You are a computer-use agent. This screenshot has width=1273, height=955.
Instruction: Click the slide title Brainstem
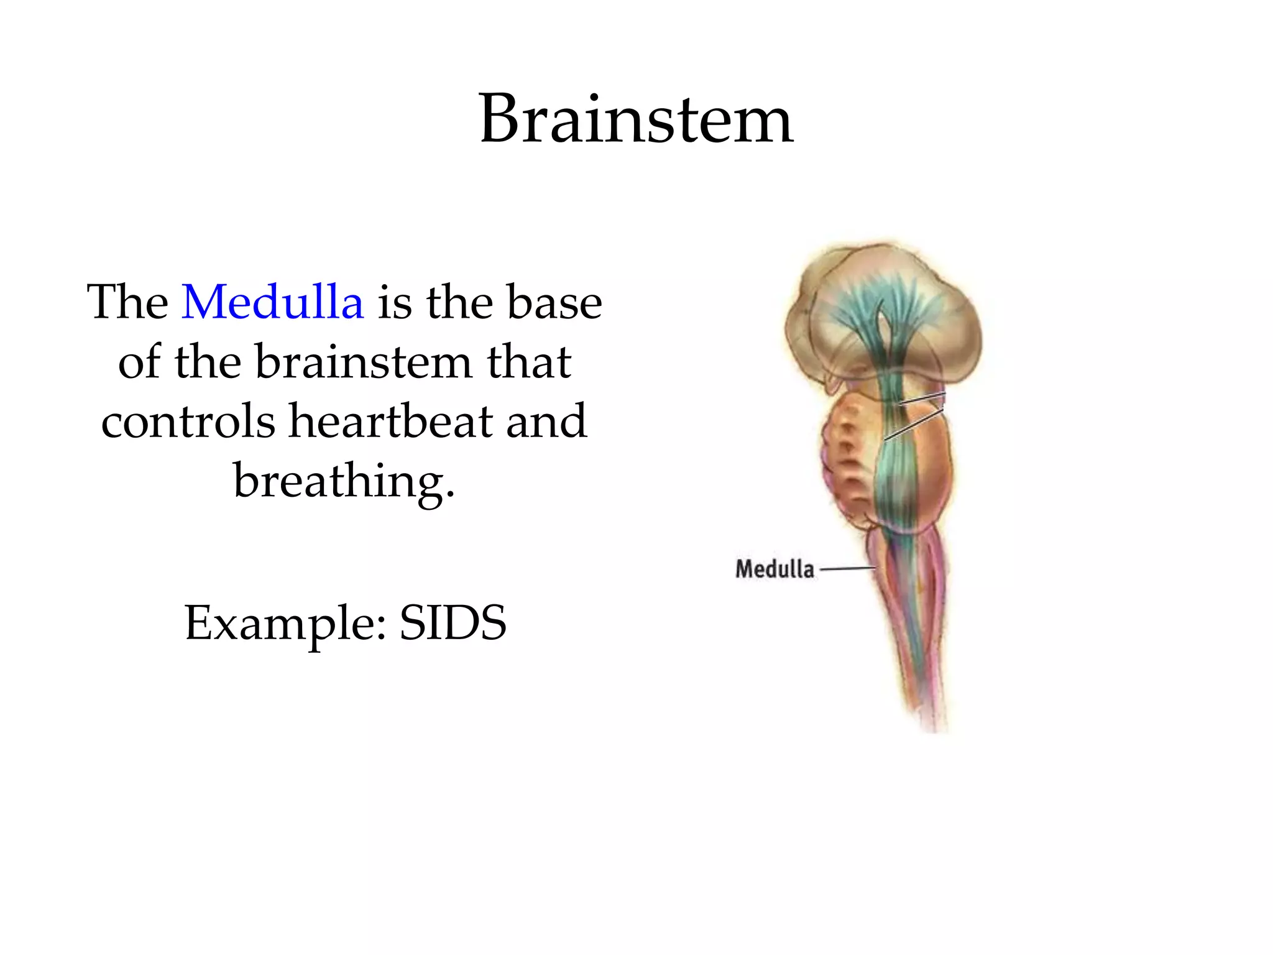(635, 119)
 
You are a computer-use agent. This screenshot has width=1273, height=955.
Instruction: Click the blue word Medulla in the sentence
(272, 302)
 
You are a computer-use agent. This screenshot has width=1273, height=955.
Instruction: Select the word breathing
(344, 481)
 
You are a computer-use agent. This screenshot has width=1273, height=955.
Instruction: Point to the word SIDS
(453, 623)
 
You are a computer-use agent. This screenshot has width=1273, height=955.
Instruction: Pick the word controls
(188, 421)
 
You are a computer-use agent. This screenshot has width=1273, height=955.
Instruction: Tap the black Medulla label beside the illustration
(774, 569)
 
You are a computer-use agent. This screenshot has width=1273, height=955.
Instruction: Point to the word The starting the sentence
(127, 302)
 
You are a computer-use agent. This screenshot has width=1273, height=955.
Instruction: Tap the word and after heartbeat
(546, 421)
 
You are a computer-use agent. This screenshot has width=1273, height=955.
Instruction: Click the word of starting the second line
(139, 362)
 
